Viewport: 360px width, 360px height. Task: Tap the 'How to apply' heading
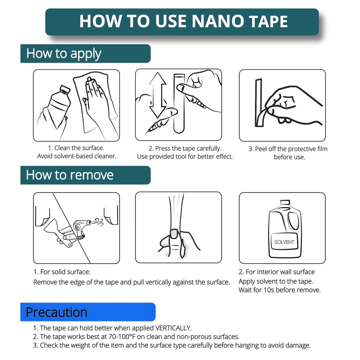tap(64, 53)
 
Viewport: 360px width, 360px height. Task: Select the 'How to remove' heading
tap(70, 175)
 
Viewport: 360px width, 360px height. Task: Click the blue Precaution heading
tap(57, 312)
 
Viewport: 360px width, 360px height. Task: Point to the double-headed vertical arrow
tap(157, 95)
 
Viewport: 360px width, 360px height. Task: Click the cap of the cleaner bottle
tap(65, 89)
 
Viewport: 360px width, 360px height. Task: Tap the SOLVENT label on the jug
tap(284, 242)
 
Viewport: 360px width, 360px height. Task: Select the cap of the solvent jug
tap(285, 202)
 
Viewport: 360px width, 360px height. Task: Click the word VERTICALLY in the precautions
tap(173, 328)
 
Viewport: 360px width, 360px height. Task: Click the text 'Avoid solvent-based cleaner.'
tap(77, 156)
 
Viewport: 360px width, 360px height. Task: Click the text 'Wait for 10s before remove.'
tap(279, 290)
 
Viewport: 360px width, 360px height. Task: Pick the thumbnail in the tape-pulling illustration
tap(174, 233)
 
